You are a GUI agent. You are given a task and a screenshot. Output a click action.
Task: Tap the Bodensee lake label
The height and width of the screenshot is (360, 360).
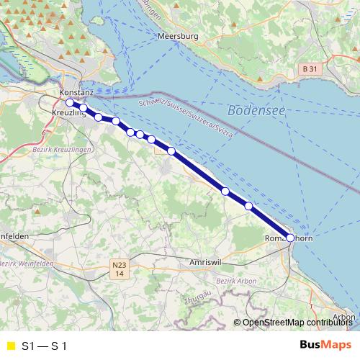click(x=252, y=111)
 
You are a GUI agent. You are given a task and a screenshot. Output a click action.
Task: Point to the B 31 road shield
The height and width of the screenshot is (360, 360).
click(x=309, y=68)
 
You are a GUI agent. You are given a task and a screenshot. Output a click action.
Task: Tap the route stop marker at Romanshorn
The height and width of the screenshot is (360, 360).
click(x=290, y=237)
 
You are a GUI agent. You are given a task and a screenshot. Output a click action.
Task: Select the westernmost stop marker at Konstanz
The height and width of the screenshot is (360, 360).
click(x=69, y=103)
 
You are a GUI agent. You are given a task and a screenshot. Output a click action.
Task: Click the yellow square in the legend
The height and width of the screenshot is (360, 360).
click(x=10, y=346)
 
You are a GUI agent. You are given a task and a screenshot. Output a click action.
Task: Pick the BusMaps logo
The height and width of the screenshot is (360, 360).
click(x=325, y=345)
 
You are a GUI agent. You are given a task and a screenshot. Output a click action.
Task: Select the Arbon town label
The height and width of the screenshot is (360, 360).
click(x=344, y=317)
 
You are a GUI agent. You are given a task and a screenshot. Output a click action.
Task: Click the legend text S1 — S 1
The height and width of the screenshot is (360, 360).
click(x=45, y=346)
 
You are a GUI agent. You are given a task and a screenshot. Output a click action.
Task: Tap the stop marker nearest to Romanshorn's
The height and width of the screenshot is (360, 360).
click(x=249, y=206)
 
